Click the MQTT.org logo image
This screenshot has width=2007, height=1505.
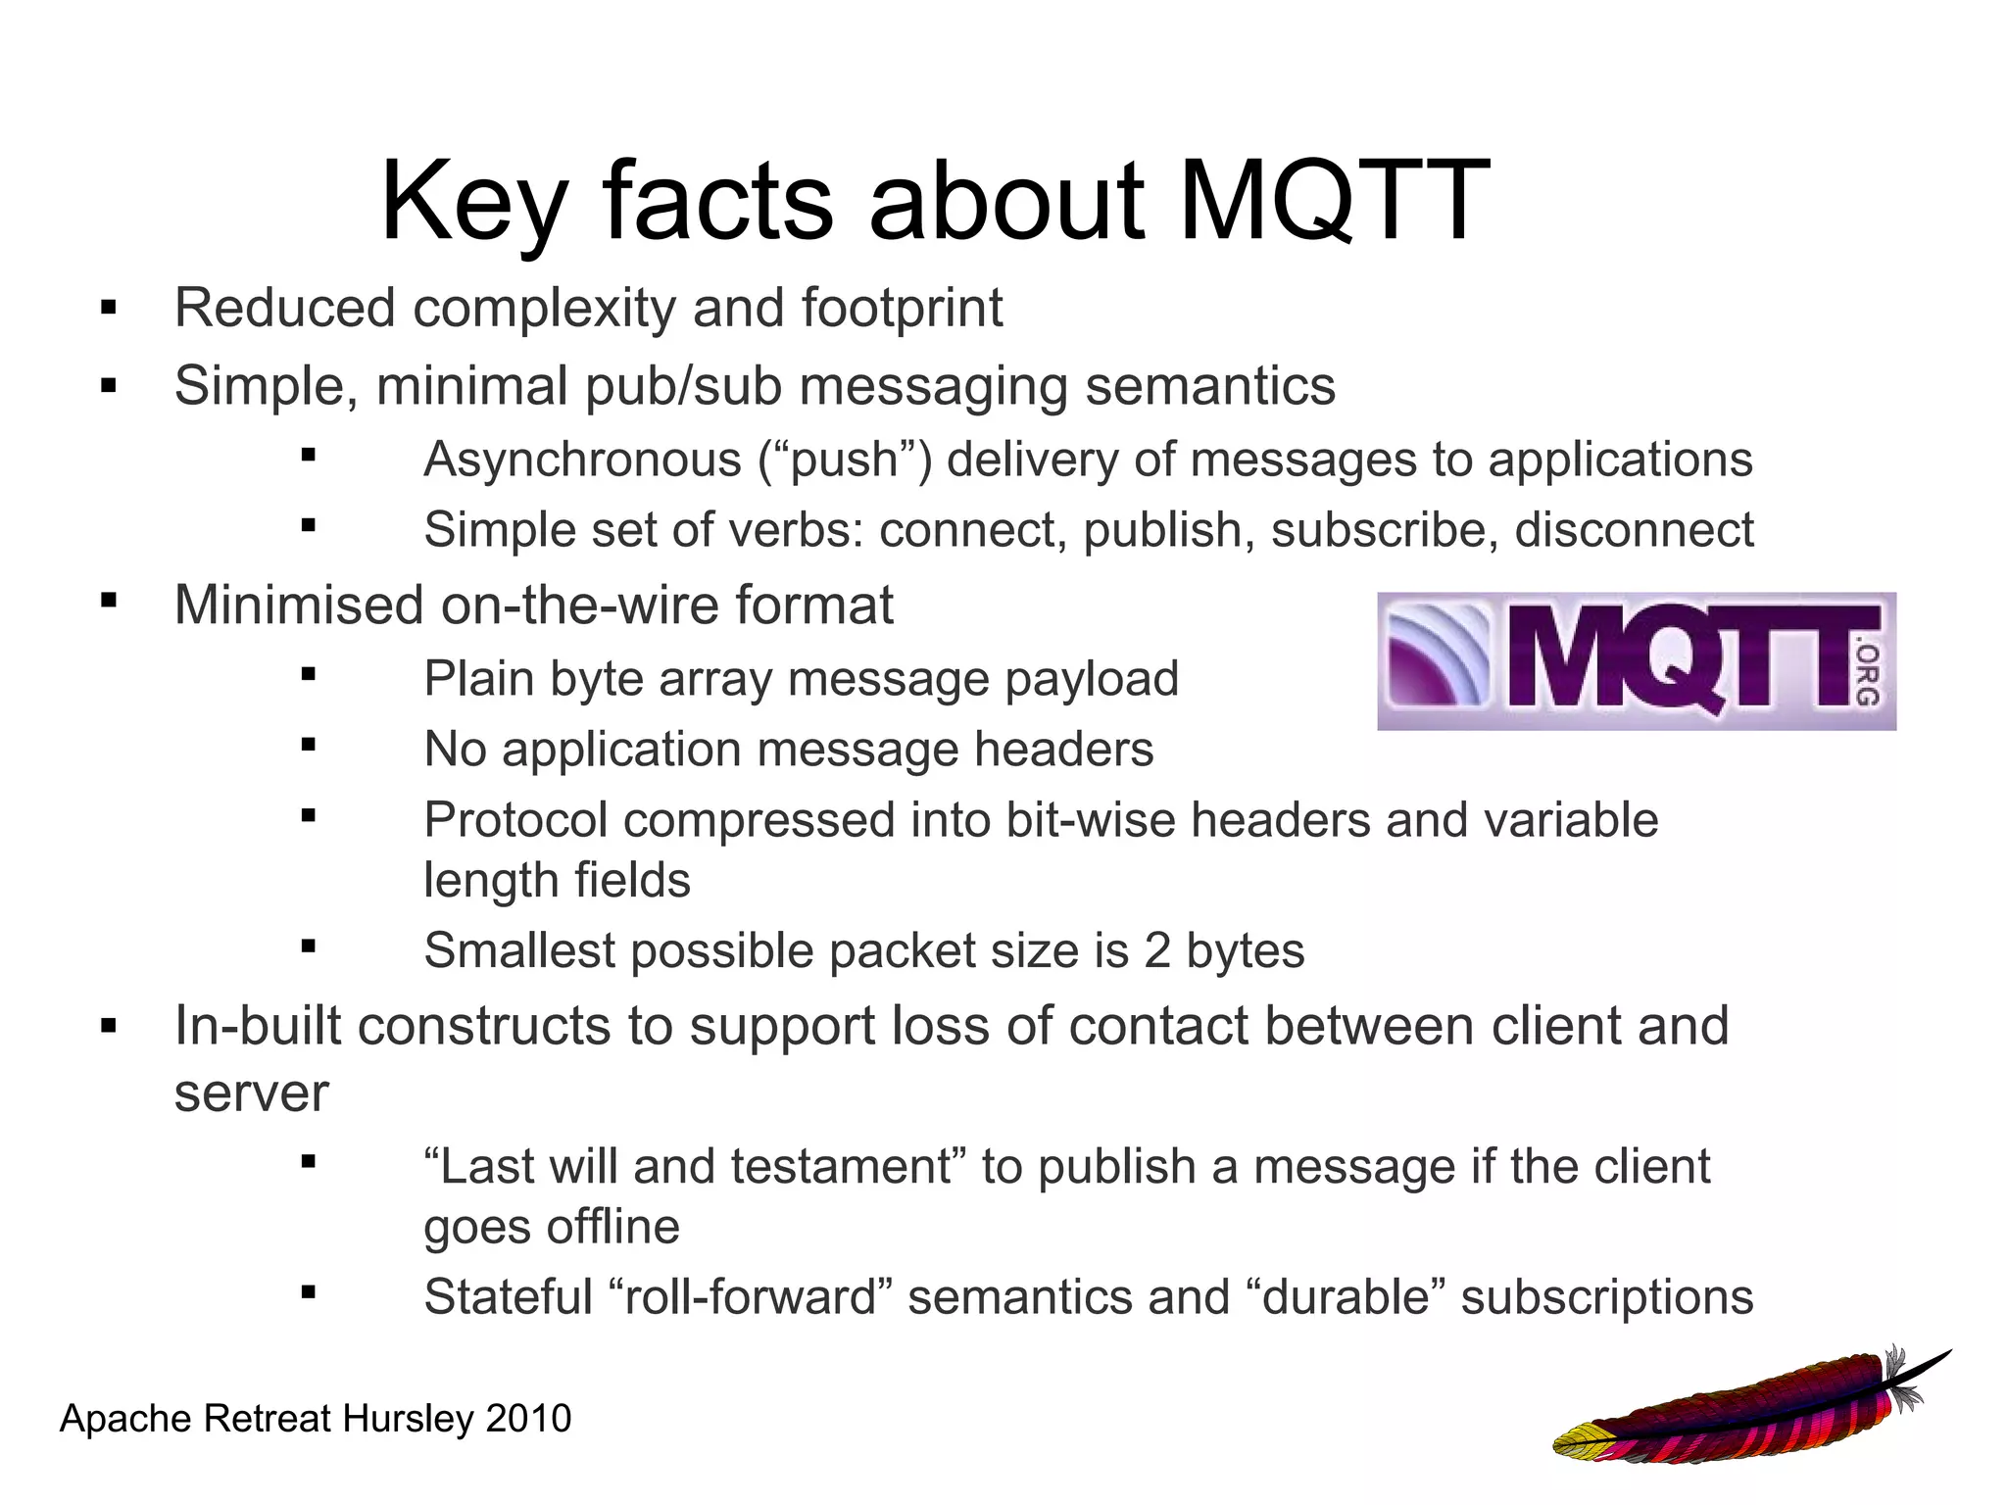(1636, 660)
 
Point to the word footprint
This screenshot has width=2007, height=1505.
(902, 309)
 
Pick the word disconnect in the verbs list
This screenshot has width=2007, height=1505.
(1634, 530)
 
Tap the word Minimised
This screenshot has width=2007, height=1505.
(299, 605)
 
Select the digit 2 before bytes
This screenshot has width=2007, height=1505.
(1156, 950)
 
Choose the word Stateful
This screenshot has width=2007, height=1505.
(508, 1297)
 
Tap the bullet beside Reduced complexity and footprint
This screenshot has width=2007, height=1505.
(108, 310)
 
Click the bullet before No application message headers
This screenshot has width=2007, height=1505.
(309, 746)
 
